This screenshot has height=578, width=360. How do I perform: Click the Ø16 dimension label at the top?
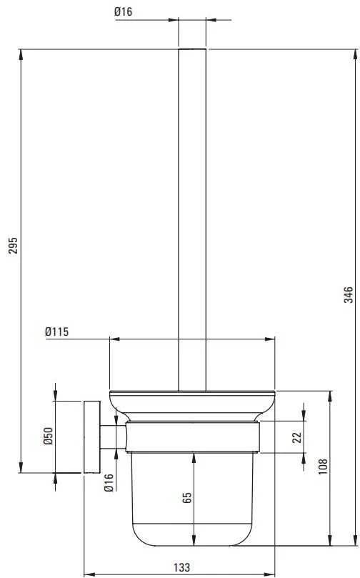(123, 12)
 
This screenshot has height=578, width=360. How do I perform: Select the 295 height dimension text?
(14, 245)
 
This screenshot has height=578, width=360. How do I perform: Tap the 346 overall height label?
(348, 295)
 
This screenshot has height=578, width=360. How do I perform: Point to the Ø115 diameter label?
(56, 332)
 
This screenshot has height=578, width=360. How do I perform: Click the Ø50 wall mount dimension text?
(49, 436)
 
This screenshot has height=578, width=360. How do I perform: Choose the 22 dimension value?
(297, 437)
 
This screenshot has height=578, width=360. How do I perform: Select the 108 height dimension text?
(323, 467)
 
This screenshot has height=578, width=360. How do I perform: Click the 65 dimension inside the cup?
(187, 498)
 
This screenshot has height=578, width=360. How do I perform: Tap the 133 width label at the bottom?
(181, 567)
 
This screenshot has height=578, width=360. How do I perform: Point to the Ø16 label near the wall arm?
(109, 483)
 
